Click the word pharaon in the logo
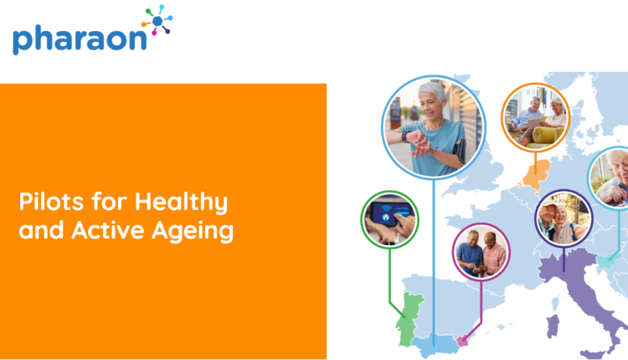click(80, 39)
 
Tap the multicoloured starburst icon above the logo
click(157, 20)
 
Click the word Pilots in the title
click(51, 202)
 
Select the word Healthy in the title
click(181, 203)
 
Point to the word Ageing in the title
click(193, 231)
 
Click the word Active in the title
click(108, 230)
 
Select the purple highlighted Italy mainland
click(581, 292)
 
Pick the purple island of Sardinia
click(553, 325)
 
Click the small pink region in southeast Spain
click(462, 342)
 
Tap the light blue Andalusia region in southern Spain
click(435, 345)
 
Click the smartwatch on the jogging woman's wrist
click(406, 136)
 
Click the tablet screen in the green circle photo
click(390, 213)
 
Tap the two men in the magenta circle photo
click(481, 252)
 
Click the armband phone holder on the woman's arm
click(460, 151)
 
